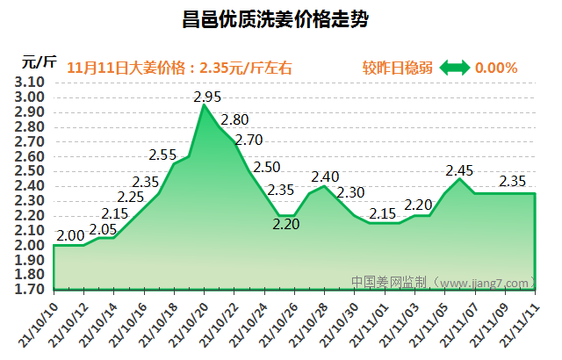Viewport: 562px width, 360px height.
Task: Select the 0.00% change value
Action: (496, 68)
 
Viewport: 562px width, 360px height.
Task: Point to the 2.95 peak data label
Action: (207, 96)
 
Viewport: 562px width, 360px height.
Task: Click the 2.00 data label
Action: (70, 235)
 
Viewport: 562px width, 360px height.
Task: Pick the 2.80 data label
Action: (234, 119)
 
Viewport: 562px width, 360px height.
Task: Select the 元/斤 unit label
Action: (40, 61)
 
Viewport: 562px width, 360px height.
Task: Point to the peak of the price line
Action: (204, 104)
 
